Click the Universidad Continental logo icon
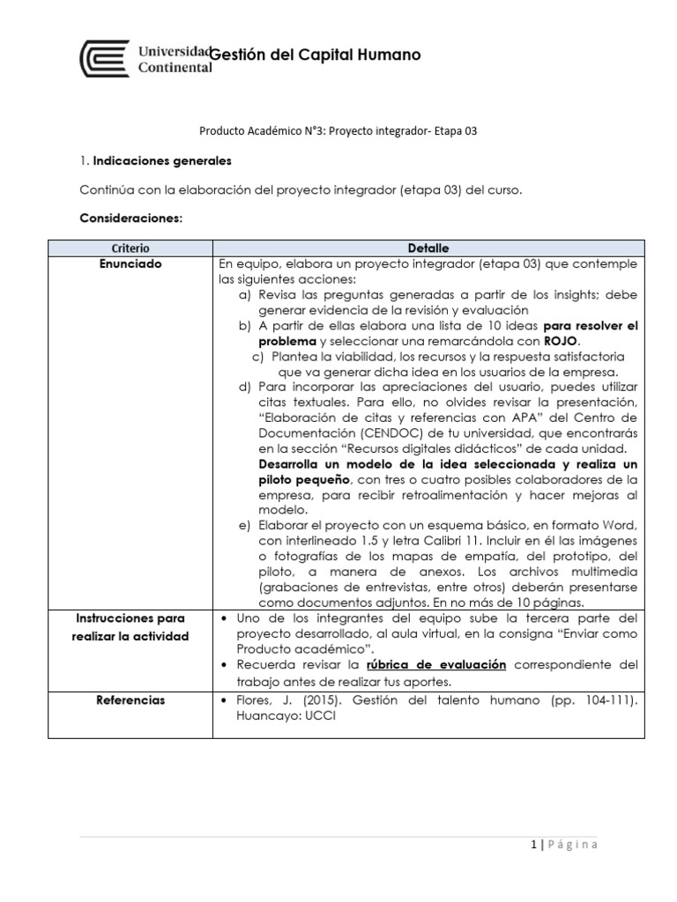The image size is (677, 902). [x=105, y=59]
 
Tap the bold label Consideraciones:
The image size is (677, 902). [x=130, y=218]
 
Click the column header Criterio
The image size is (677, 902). [x=131, y=248]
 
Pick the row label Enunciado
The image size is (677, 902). [x=131, y=263]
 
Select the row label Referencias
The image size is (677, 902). [x=131, y=700]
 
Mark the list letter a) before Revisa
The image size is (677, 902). [x=245, y=294]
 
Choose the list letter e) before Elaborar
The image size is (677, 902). [x=245, y=525]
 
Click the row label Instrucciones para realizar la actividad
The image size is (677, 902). [x=131, y=627]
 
